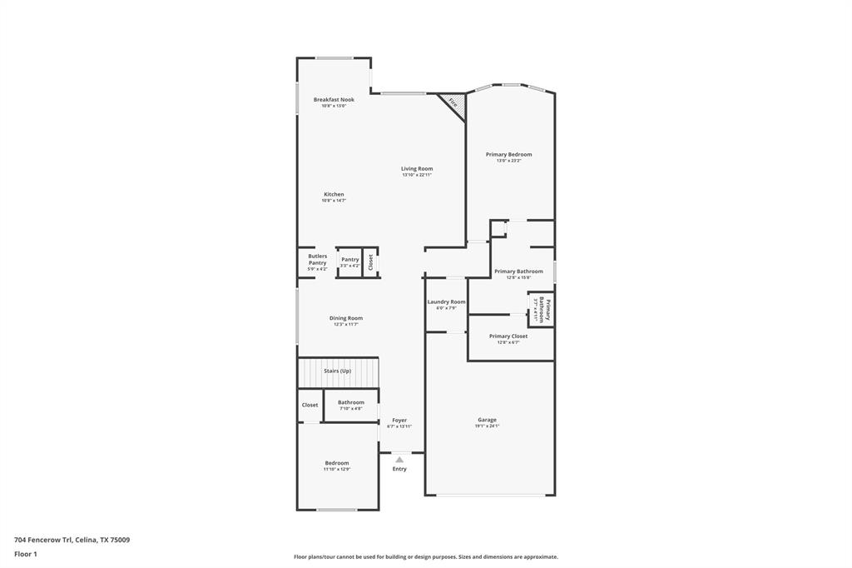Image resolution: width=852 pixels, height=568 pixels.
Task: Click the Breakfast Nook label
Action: (x=334, y=99)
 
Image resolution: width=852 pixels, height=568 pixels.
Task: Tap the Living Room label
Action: (x=417, y=168)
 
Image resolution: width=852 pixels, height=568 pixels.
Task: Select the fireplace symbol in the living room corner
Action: (x=453, y=104)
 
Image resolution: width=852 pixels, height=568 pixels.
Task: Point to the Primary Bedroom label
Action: (x=508, y=154)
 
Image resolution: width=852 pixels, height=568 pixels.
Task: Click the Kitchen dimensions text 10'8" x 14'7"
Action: (x=334, y=201)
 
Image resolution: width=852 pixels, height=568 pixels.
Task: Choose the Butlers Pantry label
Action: (x=317, y=259)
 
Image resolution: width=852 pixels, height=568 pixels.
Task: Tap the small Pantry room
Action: (x=349, y=262)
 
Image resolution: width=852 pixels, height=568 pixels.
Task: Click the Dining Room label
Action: (x=346, y=317)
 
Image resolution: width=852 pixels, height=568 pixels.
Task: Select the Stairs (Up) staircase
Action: (x=338, y=371)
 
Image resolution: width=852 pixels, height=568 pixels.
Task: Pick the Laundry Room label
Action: (x=446, y=301)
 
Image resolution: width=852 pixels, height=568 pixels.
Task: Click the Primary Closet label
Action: (x=508, y=336)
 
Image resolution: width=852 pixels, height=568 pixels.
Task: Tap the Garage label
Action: (x=487, y=420)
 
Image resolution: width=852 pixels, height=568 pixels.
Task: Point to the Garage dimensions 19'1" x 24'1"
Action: (x=487, y=426)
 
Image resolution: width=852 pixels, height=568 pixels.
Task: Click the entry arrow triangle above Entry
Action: (x=399, y=459)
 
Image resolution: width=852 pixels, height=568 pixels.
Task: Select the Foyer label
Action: (x=399, y=420)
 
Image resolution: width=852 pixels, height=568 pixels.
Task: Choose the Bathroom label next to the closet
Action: (x=350, y=402)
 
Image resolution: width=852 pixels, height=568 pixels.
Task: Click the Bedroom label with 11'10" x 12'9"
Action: (x=337, y=462)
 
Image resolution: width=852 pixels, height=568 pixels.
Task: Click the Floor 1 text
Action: (x=26, y=554)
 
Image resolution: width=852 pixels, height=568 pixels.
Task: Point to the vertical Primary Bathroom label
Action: (x=541, y=310)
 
